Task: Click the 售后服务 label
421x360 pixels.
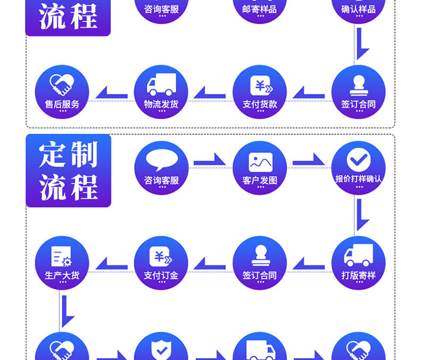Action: [x=62, y=104]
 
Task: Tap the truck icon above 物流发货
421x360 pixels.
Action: [x=161, y=85]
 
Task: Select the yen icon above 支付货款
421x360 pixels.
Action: [x=260, y=85]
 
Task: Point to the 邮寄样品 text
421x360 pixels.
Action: [x=260, y=9]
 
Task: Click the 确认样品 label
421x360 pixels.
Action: [x=358, y=9]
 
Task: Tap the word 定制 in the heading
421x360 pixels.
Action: [x=68, y=155]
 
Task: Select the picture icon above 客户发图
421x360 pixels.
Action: [x=260, y=162]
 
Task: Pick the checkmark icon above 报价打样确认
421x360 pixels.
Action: [x=358, y=159]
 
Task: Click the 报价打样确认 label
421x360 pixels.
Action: [x=358, y=179]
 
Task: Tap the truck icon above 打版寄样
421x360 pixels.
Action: [x=358, y=256]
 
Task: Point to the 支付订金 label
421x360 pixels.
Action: [x=161, y=276]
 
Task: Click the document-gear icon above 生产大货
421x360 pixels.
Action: [x=61, y=256]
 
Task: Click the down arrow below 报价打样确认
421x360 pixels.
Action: [x=362, y=215]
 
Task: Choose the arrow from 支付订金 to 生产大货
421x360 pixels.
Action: [x=111, y=264]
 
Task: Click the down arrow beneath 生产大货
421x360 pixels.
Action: [x=67, y=312]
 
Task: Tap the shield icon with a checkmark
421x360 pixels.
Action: [x=161, y=349]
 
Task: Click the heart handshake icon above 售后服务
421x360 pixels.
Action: [x=62, y=84]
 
